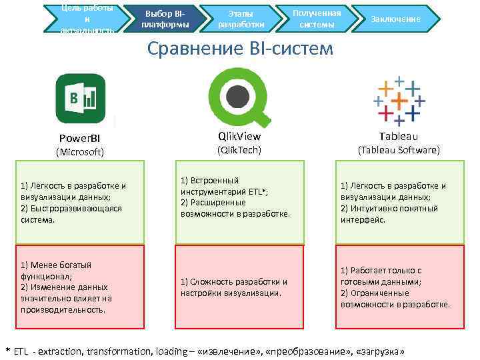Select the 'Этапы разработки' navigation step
[241, 19]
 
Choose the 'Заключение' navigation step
[397, 19]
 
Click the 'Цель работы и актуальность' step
[86, 19]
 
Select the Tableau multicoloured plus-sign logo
[398, 101]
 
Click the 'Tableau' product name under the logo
[399, 136]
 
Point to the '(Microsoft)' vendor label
[79, 152]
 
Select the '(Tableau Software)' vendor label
[399, 150]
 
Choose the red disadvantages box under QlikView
[239, 287]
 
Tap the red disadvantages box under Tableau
[398, 287]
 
